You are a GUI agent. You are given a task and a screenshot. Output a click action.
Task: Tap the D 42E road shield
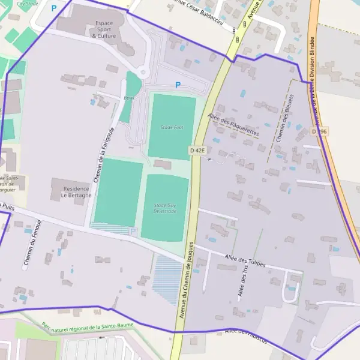[197, 150]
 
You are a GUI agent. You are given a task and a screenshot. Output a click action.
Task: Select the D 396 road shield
[319, 131]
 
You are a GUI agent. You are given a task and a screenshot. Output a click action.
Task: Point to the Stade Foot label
[172, 127]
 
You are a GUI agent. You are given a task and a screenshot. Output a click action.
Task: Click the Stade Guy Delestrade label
[164, 208]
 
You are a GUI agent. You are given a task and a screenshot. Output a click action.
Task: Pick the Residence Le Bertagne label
[77, 192]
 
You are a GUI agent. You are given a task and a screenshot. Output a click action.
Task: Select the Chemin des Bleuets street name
[284, 118]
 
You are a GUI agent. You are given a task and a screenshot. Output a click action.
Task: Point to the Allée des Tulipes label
[245, 259]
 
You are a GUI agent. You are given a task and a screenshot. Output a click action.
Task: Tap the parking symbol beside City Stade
[53, 8]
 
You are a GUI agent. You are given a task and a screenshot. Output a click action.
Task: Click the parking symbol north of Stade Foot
[178, 85]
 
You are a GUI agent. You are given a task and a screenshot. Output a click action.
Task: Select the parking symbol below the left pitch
[133, 232]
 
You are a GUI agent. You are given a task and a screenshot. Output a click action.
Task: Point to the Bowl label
[129, 98]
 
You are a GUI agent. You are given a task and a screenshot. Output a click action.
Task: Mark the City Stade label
[28, 3]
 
